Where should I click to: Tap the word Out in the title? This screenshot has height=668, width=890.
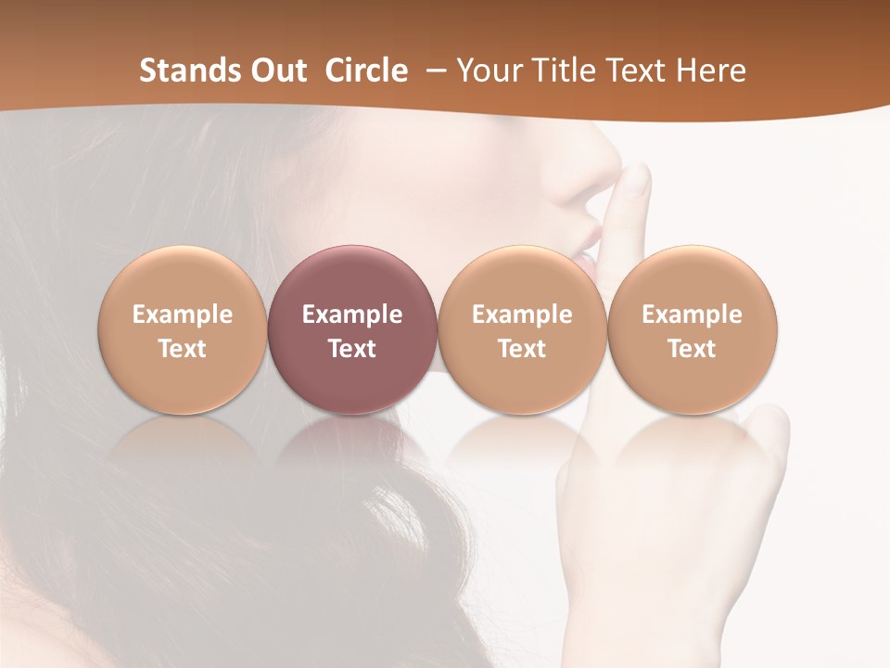tap(278, 71)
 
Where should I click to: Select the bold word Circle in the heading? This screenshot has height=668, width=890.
tap(366, 71)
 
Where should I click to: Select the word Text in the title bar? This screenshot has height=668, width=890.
tap(636, 71)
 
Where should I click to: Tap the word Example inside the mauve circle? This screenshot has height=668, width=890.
tap(352, 315)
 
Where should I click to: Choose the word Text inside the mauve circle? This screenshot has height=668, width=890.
tap(352, 349)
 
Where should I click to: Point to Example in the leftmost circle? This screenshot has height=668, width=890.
tap(183, 315)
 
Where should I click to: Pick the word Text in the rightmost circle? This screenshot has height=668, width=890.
tap(693, 349)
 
